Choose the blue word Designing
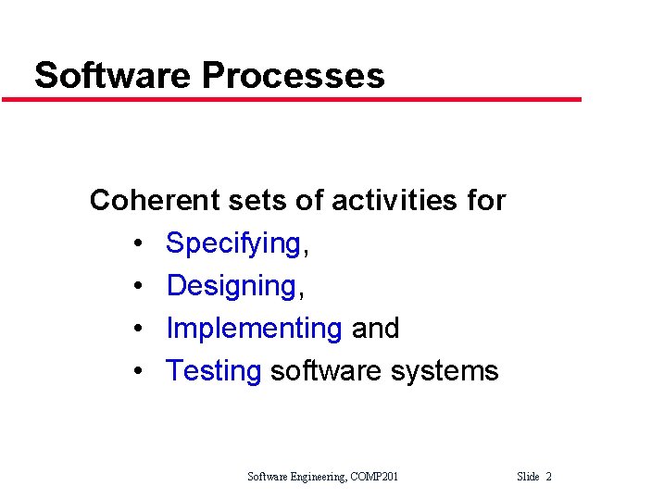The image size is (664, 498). click(231, 286)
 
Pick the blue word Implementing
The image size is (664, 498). click(254, 329)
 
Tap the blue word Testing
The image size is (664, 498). click(214, 371)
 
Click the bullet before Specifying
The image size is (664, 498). click(136, 244)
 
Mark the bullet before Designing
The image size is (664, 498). click(136, 287)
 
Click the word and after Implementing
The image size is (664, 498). click(375, 329)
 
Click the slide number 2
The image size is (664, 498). click(548, 477)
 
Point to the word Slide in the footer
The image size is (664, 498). click(528, 477)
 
